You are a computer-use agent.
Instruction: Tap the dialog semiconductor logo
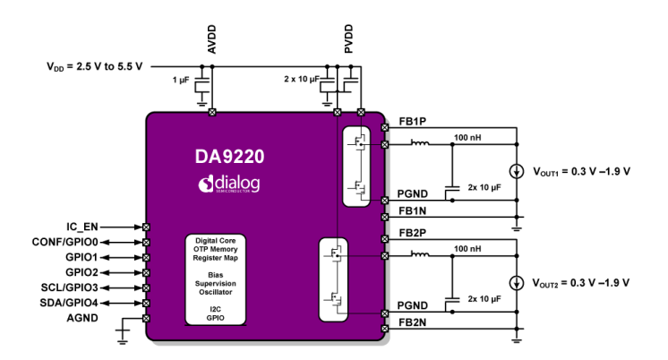pos(229,184)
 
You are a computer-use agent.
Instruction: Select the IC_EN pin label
pos(82,227)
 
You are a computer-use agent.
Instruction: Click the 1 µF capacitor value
pos(180,81)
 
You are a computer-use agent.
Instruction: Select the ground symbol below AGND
pos(123,336)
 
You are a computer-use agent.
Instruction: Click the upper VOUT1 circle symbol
pos(517,171)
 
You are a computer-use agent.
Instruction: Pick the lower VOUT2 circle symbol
pos(517,283)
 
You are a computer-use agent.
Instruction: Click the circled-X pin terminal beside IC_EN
pos(146,227)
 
